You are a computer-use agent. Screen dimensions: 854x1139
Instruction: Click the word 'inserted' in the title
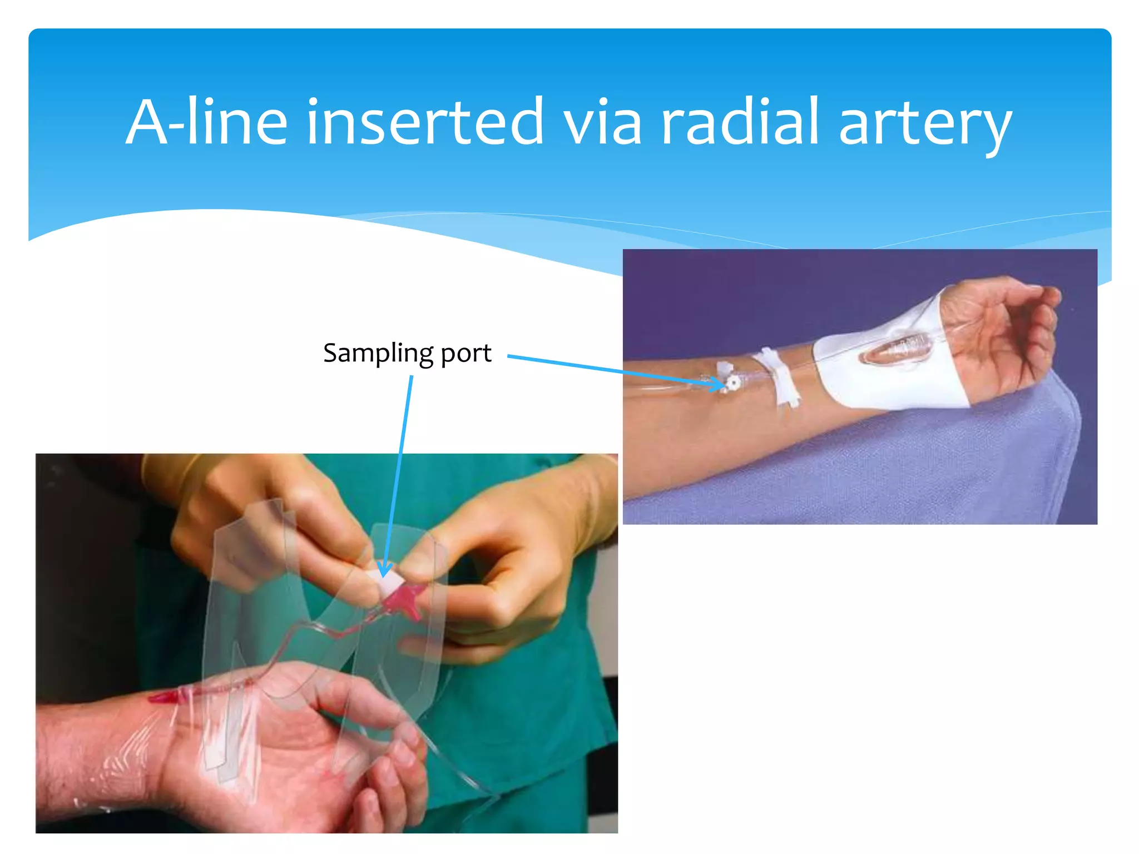(425, 122)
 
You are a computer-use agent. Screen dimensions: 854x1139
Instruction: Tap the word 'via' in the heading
(603, 122)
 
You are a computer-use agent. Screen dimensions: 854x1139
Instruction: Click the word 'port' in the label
(466, 355)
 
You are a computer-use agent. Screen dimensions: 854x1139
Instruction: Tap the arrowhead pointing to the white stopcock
(718, 383)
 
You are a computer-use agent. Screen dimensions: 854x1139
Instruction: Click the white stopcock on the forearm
(733, 383)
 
